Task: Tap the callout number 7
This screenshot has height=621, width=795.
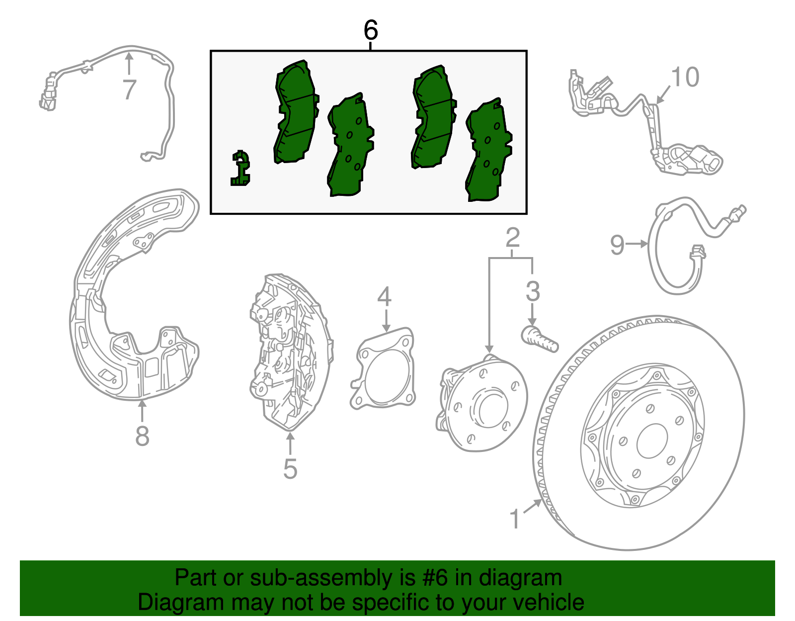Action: click(x=129, y=89)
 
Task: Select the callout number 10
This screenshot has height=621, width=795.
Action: click(x=685, y=77)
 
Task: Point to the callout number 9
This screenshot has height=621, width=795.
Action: click(x=617, y=245)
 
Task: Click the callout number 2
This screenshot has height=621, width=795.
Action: click(x=513, y=238)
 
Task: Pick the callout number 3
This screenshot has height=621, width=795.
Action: click(x=532, y=291)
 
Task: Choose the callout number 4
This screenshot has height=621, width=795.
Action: click(x=384, y=296)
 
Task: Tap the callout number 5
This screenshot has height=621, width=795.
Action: click(x=290, y=469)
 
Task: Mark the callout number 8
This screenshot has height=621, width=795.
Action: click(x=142, y=436)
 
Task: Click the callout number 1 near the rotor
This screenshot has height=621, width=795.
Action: click(x=515, y=519)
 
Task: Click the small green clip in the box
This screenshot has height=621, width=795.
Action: click(x=240, y=168)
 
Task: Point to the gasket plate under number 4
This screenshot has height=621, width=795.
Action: click(x=383, y=368)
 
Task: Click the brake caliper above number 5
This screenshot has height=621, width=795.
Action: click(x=291, y=352)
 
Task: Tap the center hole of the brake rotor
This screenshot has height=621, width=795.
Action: click(x=652, y=441)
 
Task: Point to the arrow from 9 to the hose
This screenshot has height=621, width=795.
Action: click(x=636, y=243)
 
